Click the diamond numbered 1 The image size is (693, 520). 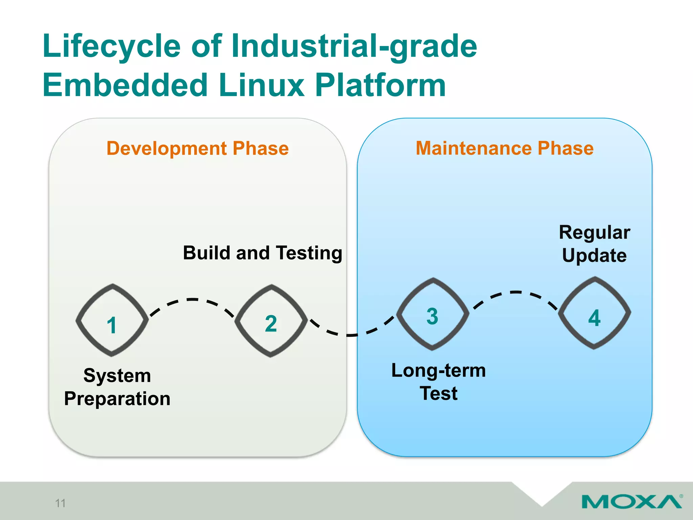(x=112, y=320)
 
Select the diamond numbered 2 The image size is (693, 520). (x=271, y=321)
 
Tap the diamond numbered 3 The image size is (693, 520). (x=432, y=314)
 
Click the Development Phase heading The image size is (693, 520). (x=198, y=149)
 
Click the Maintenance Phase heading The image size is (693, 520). (x=505, y=149)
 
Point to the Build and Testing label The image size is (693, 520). (x=263, y=253)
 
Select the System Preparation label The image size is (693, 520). (x=117, y=387)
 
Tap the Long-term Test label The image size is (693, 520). (x=439, y=382)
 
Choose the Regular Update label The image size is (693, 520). (x=595, y=244)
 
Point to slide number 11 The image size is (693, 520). (x=60, y=503)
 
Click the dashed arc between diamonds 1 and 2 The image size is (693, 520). (x=192, y=300)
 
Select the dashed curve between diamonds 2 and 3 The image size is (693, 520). (x=350, y=335)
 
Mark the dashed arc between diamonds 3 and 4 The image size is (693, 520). (x=515, y=292)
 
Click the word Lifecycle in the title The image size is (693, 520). (x=112, y=47)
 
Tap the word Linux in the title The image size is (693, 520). (x=261, y=85)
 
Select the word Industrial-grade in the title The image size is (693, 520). (x=354, y=47)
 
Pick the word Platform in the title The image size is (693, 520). (x=380, y=85)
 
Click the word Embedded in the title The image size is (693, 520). (x=125, y=85)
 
